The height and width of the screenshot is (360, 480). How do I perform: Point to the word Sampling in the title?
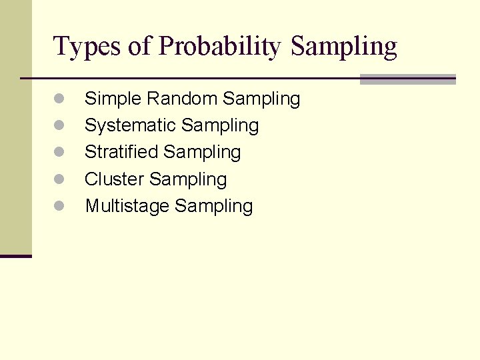coord(344,47)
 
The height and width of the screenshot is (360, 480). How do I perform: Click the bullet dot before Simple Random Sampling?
coord(59,99)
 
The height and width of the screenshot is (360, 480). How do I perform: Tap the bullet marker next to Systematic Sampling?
coord(59,126)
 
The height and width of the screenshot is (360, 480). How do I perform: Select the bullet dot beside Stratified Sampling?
coord(59,153)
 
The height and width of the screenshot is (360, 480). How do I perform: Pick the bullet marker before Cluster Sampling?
coord(59,179)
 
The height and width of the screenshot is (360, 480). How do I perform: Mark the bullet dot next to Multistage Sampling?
coord(59,207)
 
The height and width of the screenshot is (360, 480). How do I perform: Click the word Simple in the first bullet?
coord(113,99)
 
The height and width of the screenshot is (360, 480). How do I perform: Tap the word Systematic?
coord(130,126)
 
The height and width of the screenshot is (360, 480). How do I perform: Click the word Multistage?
coord(127,207)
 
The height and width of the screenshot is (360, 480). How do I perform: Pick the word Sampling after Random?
coord(261,99)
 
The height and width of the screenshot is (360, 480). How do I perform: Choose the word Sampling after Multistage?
coord(213,207)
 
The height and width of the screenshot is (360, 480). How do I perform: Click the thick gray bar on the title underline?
coord(407,79)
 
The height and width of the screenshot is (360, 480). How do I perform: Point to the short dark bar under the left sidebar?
coord(16,256)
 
